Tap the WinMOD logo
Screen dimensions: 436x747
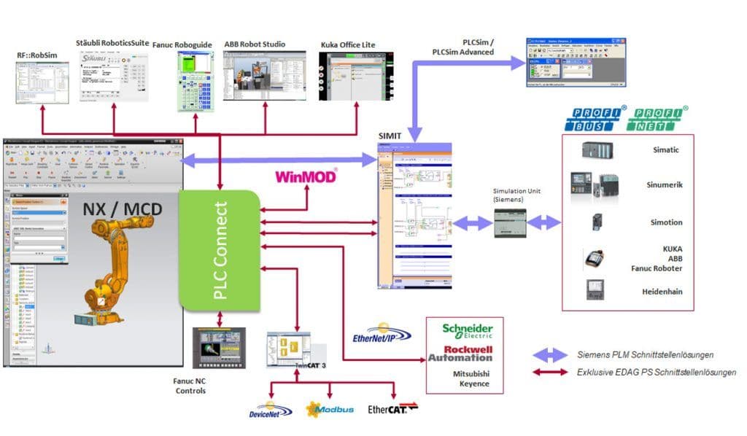click(306, 176)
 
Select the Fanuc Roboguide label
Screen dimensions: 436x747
click(182, 45)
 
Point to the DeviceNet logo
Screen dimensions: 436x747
click(270, 411)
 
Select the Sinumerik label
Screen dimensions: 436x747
click(665, 185)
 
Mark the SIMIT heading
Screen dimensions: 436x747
click(390, 136)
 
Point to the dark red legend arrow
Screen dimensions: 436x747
click(551, 373)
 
